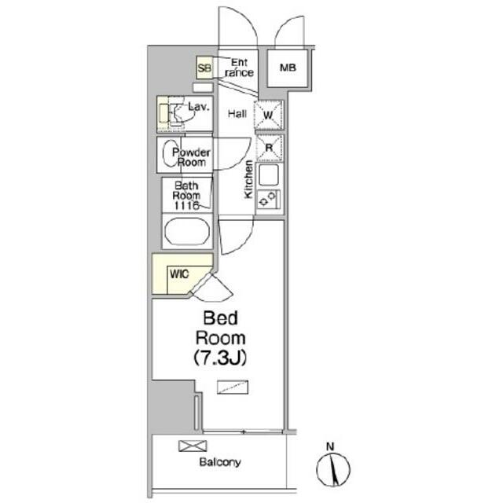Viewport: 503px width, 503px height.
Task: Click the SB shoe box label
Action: [x=204, y=68]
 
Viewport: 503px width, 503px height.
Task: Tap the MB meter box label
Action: [x=288, y=68]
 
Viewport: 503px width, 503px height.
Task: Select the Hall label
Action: [x=237, y=113]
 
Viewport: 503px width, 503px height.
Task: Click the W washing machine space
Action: [x=269, y=115]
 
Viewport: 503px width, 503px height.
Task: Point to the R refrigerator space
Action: [x=270, y=148]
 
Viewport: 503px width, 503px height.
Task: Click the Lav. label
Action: [x=199, y=107]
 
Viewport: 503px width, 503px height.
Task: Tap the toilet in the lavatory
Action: [x=179, y=114]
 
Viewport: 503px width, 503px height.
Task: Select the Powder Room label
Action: [x=191, y=157]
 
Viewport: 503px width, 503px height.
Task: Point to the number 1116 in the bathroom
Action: [x=186, y=206]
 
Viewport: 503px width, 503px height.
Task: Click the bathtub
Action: [x=187, y=231]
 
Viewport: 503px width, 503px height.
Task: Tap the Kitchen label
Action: [x=248, y=179]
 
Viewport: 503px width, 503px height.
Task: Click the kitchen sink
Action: [x=269, y=175]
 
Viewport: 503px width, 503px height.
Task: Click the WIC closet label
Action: [x=179, y=274]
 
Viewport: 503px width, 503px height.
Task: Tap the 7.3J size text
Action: [x=220, y=358]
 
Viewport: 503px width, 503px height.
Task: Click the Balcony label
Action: [x=220, y=462]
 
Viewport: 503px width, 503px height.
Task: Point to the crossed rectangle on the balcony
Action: [x=193, y=446]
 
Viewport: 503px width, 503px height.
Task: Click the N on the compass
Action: [x=330, y=446]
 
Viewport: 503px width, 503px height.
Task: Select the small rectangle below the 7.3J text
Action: [x=233, y=387]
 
